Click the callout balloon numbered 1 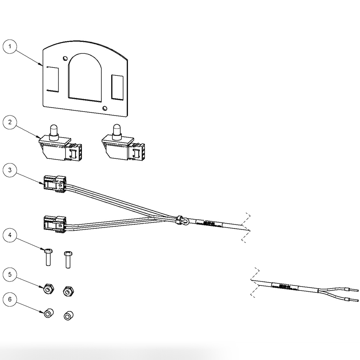coord(10,47)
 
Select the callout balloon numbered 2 coord(10,122)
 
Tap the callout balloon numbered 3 coord(10,170)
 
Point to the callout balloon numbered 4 coord(10,235)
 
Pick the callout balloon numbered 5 coord(10,275)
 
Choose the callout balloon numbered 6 coord(10,299)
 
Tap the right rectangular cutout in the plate coord(117,87)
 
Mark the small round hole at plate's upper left coord(65,59)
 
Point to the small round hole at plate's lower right coord(104,109)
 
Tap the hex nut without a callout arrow coord(68,291)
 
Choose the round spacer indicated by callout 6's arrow coord(48,313)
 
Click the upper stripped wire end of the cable coord(354,290)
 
